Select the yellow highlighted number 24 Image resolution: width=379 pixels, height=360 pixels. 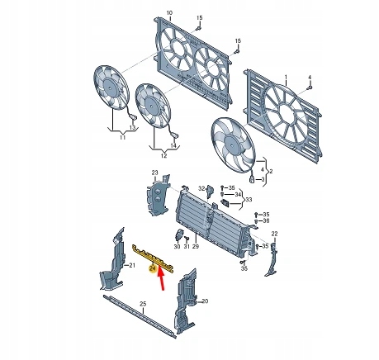[x=152, y=268]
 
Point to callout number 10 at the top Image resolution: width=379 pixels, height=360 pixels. [x=170, y=13]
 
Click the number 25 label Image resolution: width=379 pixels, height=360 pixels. [x=142, y=305]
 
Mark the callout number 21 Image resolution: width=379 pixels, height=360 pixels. [x=130, y=266]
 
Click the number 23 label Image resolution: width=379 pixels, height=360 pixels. [x=153, y=172]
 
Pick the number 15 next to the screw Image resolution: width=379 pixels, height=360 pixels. [x=199, y=17]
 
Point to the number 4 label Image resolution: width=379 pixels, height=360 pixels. [x=310, y=77]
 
